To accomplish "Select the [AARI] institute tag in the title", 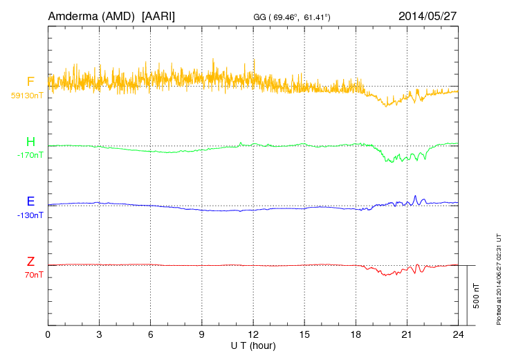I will point(158,15).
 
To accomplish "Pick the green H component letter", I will point(30,143).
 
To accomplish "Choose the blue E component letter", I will point(30,202).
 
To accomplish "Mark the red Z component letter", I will point(30,262).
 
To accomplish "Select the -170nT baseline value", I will point(29,156).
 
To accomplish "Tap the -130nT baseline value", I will point(29,215).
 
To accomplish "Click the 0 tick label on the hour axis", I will point(48,334).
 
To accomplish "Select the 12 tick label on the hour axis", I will point(253,334).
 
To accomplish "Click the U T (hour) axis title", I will point(253,345).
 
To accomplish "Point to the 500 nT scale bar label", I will point(477,295).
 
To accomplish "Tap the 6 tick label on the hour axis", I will point(151,334).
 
